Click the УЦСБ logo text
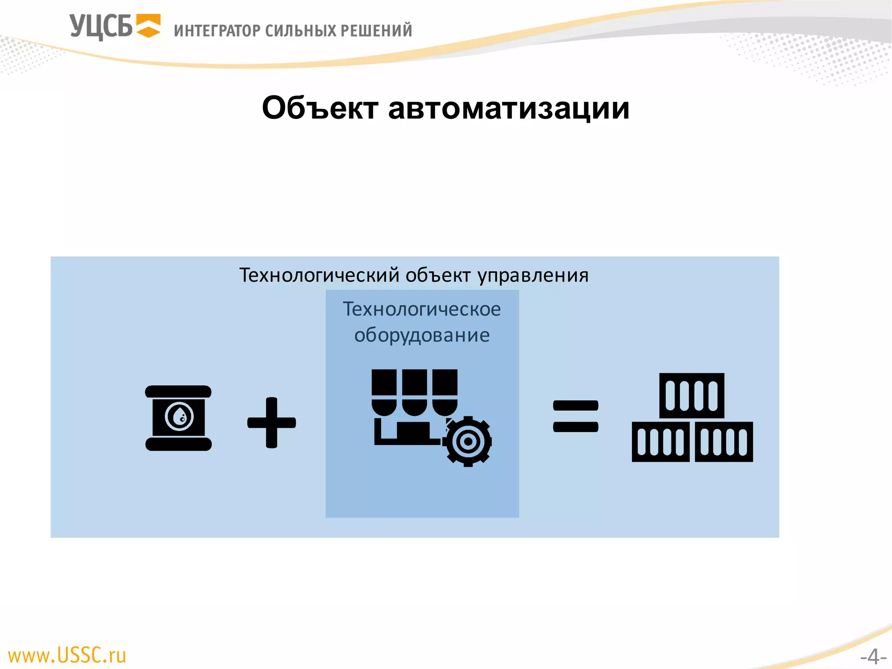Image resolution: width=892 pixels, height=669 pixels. tap(101, 27)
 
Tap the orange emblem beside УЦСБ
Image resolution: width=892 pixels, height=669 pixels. tap(148, 26)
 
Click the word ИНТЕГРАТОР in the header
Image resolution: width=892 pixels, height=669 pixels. tap(217, 31)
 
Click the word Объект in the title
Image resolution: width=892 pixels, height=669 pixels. tap(320, 108)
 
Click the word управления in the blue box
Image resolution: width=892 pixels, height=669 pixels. tap(533, 275)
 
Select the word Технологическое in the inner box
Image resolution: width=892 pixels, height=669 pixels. tap(422, 309)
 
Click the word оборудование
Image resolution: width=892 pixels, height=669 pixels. tap(422, 335)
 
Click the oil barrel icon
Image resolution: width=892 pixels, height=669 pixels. tap(178, 418)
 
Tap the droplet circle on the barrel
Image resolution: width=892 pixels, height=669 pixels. tap(179, 417)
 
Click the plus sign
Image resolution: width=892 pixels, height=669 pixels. tap(271, 422)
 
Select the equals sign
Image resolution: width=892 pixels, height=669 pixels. tap(575, 416)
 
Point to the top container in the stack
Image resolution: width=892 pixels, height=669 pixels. tap(692, 395)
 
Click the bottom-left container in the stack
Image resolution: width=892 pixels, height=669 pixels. tap(660, 442)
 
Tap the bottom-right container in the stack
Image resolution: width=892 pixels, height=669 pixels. tap(724, 442)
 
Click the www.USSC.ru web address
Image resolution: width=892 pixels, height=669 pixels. tap(67, 655)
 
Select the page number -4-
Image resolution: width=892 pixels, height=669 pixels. tap(873, 656)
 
